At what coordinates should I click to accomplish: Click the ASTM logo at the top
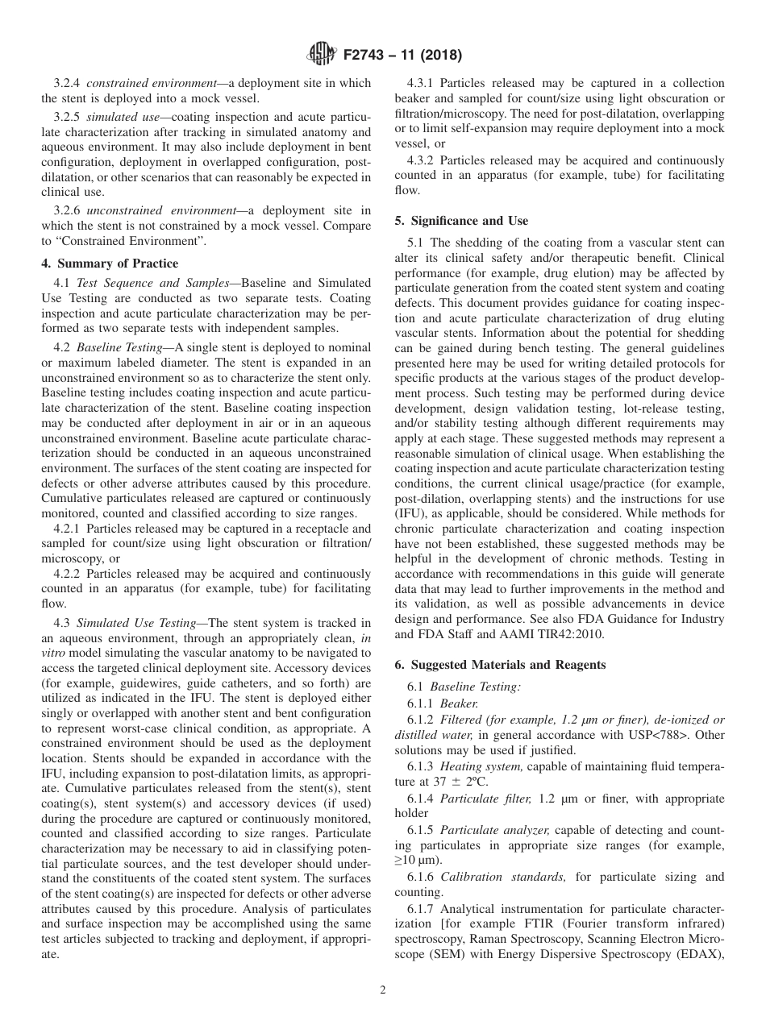coord(322,56)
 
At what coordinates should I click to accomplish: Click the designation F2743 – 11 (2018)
coord(399,56)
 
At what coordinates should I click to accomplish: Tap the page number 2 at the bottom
coord(383,990)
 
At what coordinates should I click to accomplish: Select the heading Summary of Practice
coord(110,264)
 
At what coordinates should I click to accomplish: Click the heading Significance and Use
coord(463,221)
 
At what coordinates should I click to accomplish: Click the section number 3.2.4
coord(68,83)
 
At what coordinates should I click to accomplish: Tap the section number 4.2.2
coord(68,574)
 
